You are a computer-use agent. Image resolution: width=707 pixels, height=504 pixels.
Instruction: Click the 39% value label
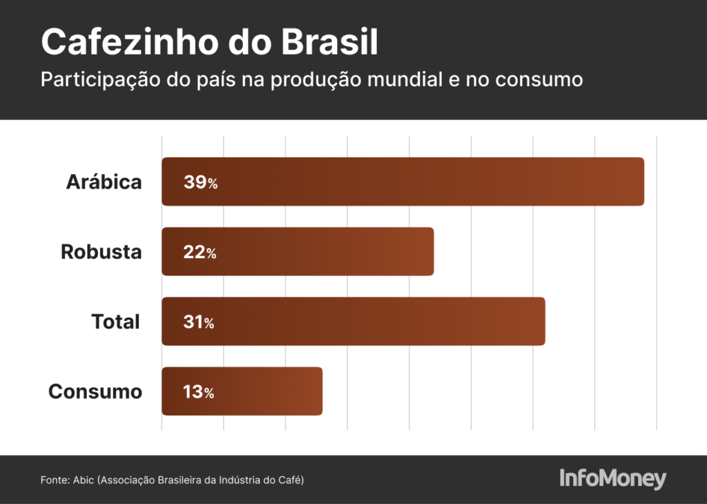(x=200, y=183)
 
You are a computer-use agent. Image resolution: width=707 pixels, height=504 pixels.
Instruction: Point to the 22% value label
(x=200, y=253)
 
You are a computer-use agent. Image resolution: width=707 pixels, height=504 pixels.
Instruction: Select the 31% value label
(x=199, y=322)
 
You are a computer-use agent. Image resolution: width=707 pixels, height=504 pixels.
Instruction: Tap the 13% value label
(x=198, y=392)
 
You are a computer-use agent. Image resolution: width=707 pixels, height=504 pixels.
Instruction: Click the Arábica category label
(x=104, y=182)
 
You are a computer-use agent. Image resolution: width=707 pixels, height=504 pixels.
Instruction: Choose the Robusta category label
(x=101, y=251)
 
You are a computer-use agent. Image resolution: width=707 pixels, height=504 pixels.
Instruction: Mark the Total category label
(x=115, y=321)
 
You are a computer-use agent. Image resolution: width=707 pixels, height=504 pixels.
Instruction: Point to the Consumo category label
(x=95, y=391)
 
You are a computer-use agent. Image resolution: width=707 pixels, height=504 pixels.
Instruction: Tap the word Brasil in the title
(x=329, y=43)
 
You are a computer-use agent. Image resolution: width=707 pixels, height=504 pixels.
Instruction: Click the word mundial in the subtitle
(x=403, y=79)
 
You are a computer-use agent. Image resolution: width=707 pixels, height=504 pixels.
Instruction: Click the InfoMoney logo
(x=612, y=478)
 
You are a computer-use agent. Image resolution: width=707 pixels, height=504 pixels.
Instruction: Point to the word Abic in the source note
(x=84, y=479)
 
